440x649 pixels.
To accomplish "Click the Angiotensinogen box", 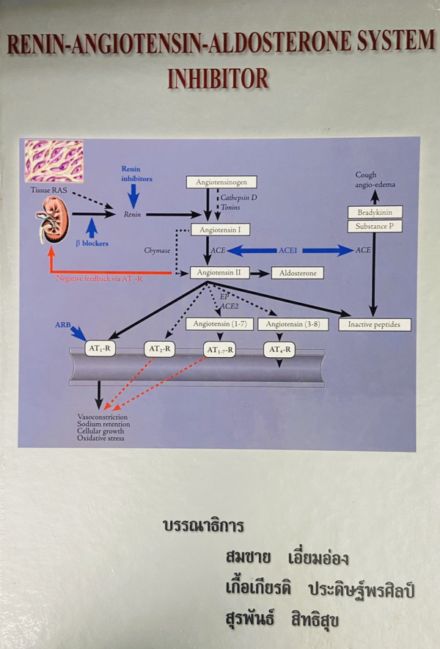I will point(221,182).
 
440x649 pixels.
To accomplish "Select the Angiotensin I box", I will point(220,230).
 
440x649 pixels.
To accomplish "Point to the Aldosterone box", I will point(296,273).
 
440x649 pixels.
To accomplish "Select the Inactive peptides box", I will point(374,324).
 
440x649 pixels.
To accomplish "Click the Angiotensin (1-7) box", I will point(220,324).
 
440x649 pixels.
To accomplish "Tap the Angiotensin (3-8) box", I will point(292,324).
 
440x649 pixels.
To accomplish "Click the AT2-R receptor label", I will point(159,349).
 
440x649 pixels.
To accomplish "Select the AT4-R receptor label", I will point(279,350).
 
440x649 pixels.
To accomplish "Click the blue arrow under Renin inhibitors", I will point(133,195).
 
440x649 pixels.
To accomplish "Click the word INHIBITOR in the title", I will point(219,78).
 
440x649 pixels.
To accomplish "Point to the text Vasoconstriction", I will point(103,417).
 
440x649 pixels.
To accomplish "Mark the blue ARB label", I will point(63,323).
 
